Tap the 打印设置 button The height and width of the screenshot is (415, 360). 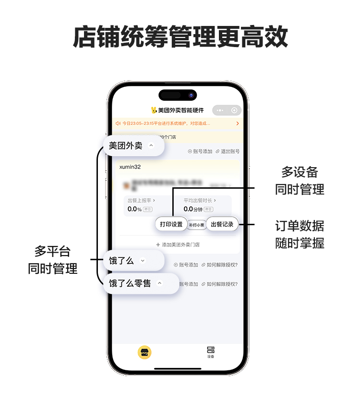171,224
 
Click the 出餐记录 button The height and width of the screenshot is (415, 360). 222,224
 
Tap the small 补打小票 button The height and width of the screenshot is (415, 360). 196,225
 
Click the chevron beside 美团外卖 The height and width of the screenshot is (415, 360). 151,146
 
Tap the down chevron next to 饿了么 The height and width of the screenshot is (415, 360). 142,261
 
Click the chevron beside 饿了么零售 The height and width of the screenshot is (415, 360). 160,283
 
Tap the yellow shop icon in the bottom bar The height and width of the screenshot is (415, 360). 144,352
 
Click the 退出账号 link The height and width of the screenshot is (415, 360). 228,151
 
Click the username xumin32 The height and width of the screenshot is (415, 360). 130,167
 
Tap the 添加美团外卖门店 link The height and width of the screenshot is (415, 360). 178,244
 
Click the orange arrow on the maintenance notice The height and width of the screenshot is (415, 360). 237,123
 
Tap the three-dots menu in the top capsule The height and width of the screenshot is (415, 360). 220,110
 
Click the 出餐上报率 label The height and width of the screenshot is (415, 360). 141,200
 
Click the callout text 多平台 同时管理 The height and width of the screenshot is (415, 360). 53,259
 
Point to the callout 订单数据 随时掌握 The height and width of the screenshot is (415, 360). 300,234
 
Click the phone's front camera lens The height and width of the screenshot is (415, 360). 191,95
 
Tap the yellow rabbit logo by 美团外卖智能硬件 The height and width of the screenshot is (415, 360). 154,110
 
